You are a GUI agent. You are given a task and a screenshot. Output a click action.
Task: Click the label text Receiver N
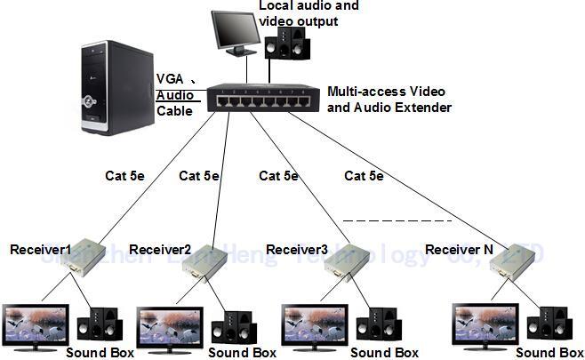click(x=458, y=250)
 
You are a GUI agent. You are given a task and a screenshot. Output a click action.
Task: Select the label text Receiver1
click(x=40, y=249)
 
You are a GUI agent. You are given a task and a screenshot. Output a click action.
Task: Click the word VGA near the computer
click(x=171, y=79)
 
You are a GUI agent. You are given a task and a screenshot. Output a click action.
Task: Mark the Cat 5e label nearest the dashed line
click(x=364, y=176)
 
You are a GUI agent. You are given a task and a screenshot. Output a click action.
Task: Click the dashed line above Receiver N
click(x=397, y=220)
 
